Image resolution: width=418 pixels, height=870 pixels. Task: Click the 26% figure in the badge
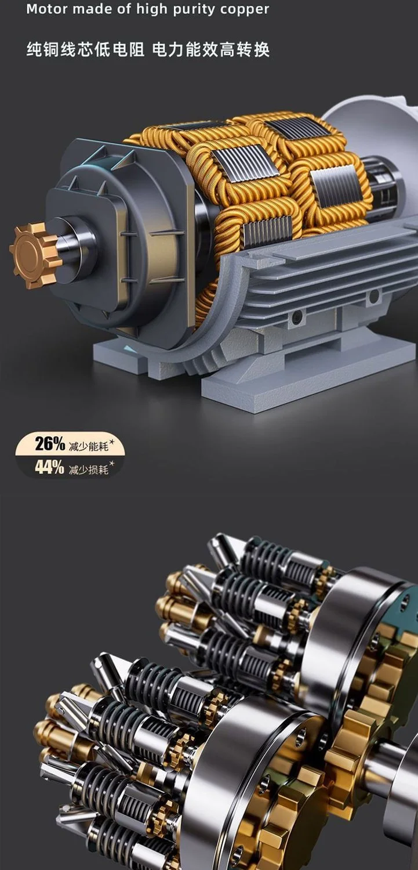[x=50, y=443]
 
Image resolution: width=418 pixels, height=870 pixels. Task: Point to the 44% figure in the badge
[x=50, y=467]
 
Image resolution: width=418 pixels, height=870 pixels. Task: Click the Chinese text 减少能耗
[x=89, y=446]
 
